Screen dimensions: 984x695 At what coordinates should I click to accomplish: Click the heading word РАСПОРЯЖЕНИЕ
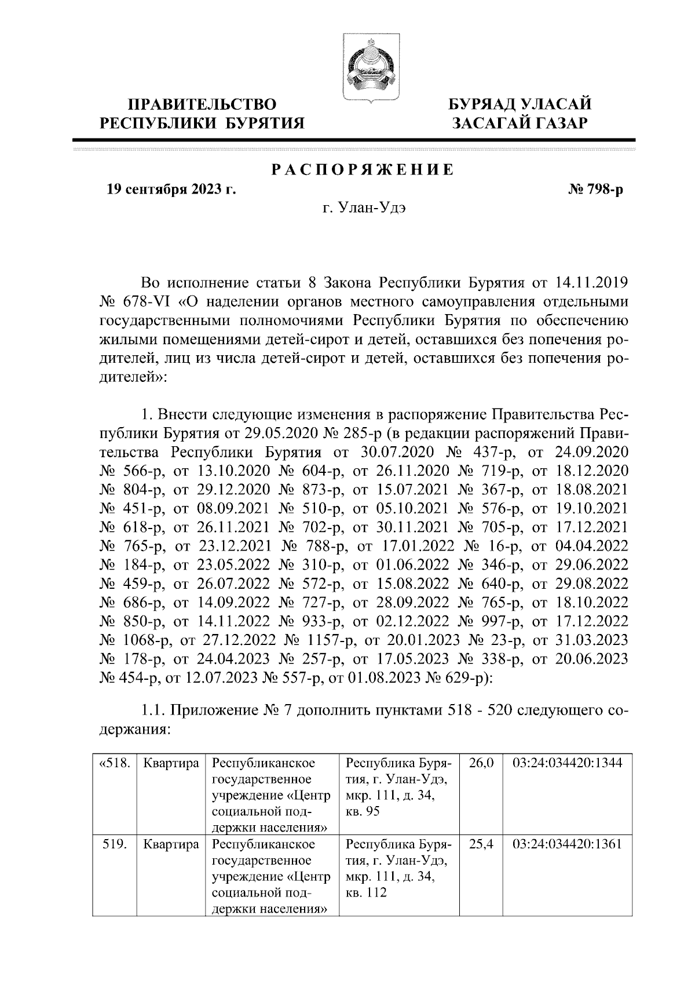pos(363,170)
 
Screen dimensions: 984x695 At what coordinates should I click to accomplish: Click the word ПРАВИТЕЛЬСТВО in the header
pos(202,105)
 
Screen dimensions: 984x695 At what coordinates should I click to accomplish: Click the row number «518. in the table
pos(114,763)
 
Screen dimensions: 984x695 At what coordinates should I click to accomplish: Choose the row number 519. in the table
pos(114,844)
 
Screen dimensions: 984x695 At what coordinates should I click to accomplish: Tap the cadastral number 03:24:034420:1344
pos(567,763)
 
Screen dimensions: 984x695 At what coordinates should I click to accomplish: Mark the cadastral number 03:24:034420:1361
pos(567,844)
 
